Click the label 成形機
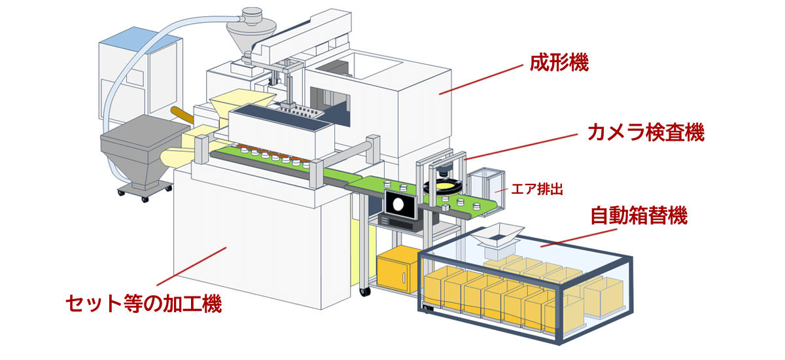coord(559,63)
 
